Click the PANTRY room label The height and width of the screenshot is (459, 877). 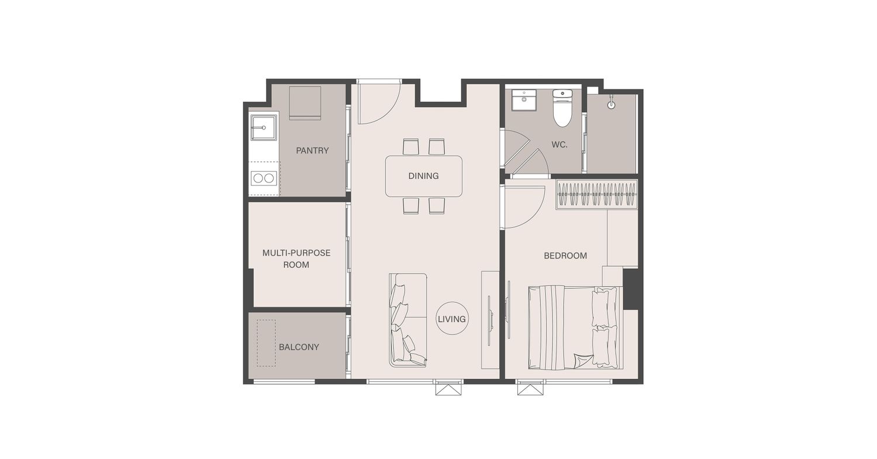312,150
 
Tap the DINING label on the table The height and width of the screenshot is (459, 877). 424,176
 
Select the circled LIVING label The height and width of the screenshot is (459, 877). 452,319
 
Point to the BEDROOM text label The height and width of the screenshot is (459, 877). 565,256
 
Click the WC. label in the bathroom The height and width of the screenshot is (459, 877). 560,144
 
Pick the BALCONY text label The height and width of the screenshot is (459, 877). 299,347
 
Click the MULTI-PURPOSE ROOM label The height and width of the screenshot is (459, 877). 296,258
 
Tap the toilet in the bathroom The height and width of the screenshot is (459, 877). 562,108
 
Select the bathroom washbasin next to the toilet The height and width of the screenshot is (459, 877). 524,101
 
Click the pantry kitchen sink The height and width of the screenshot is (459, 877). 263,127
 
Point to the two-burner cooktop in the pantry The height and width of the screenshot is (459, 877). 264,178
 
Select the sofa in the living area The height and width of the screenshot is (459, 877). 408,320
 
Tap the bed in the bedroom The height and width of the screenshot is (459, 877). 575,327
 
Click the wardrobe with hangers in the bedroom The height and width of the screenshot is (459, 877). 597,195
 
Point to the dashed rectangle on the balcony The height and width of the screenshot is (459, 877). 266,343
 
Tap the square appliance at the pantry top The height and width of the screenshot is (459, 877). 305,103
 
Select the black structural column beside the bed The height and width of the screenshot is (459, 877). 630,289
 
